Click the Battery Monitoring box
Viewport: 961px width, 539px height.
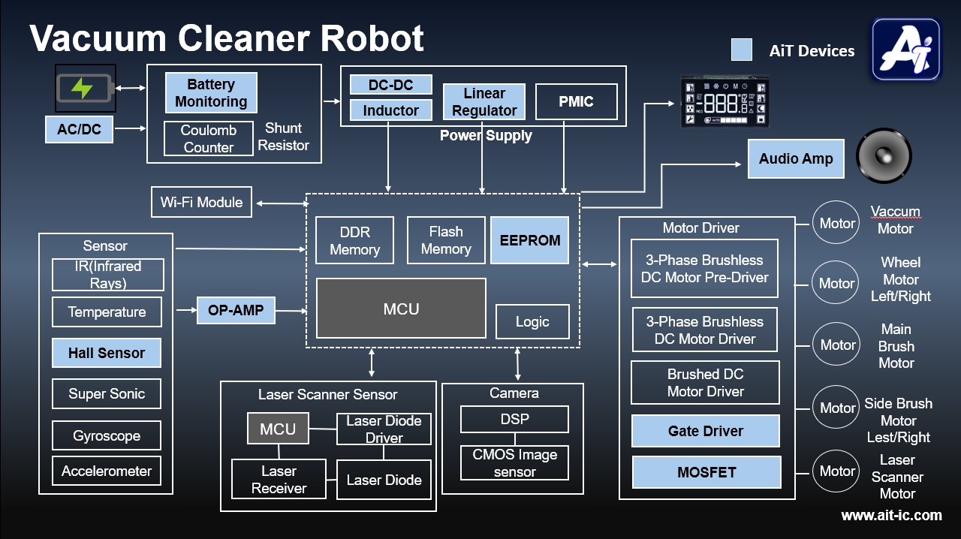click(x=211, y=93)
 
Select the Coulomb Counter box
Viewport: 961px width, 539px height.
click(x=209, y=139)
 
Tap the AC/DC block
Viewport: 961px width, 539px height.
click(x=79, y=129)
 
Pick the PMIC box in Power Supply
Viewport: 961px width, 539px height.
click(x=576, y=102)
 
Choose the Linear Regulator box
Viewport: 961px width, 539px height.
click(x=484, y=102)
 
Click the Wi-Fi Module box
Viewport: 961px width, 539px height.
click(x=201, y=203)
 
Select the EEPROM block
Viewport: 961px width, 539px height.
click(x=530, y=240)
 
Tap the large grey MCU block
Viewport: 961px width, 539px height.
click(x=401, y=309)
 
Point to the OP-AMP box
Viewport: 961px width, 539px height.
click(x=236, y=310)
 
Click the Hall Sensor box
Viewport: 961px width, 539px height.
click(x=107, y=353)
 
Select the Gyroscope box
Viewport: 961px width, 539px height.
click(x=107, y=435)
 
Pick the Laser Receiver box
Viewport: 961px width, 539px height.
click(x=279, y=480)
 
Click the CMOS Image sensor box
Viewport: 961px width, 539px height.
click(x=514, y=462)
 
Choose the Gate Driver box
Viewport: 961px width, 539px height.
click(x=706, y=431)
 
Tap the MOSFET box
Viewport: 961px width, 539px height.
click(x=706, y=472)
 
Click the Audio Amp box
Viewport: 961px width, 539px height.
click(x=796, y=158)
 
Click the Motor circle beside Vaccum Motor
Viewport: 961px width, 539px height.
click(x=836, y=223)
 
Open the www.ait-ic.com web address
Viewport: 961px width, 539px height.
click(x=891, y=515)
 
